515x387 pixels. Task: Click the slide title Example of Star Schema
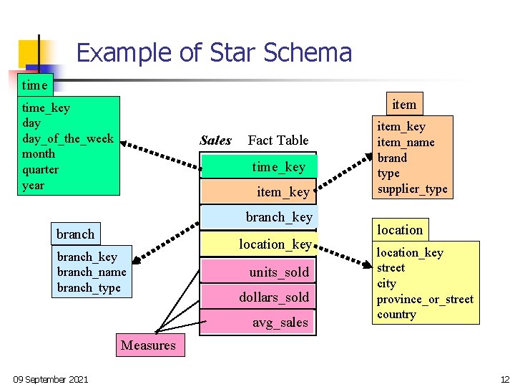pyautogui.click(x=214, y=53)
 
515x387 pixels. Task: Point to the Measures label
pyautogui.click(x=148, y=345)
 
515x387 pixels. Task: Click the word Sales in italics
pyautogui.click(x=215, y=140)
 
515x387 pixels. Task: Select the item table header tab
pyautogui.click(x=404, y=105)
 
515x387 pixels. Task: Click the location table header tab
pyautogui.click(x=400, y=230)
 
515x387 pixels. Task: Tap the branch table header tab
pyautogui.click(x=75, y=234)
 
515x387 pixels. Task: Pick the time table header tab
pyautogui.click(x=34, y=85)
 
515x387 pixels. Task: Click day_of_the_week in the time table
pyautogui.click(x=68, y=138)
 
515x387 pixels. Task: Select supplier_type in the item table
pyautogui.click(x=412, y=189)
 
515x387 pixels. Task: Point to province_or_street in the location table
pyautogui.click(x=425, y=299)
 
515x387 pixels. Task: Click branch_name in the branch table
pyautogui.click(x=92, y=272)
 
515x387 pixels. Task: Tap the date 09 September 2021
pyautogui.click(x=51, y=378)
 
